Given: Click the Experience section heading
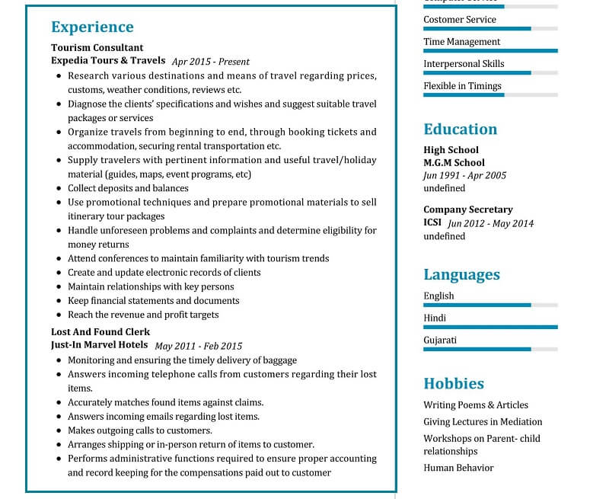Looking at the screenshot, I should [x=92, y=27].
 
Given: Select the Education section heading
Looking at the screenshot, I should [x=460, y=130].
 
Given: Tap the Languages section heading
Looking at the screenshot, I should [x=461, y=275].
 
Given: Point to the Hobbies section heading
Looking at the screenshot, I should [x=454, y=384].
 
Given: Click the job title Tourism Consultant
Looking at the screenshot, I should [x=97, y=47].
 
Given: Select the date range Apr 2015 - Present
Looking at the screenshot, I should [x=211, y=62].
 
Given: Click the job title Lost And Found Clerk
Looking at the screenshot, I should [x=100, y=332].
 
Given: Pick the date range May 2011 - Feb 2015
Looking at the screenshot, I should [x=198, y=346].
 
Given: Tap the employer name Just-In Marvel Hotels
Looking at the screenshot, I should [x=100, y=345].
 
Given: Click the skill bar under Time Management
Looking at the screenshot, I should [x=490, y=51].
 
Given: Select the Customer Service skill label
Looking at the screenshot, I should [x=460, y=20].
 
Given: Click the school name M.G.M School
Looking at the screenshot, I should [x=454, y=162].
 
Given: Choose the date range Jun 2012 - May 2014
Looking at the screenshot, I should [x=490, y=223].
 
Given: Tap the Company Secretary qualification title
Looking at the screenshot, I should [x=468, y=210].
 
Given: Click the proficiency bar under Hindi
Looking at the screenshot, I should [x=490, y=327].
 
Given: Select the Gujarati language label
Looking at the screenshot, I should [x=440, y=341].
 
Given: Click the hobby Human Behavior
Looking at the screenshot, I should [x=458, y=468].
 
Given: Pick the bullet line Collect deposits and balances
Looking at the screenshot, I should [x=128, y=188].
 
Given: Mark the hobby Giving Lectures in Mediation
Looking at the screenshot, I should [x=483, y=422].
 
